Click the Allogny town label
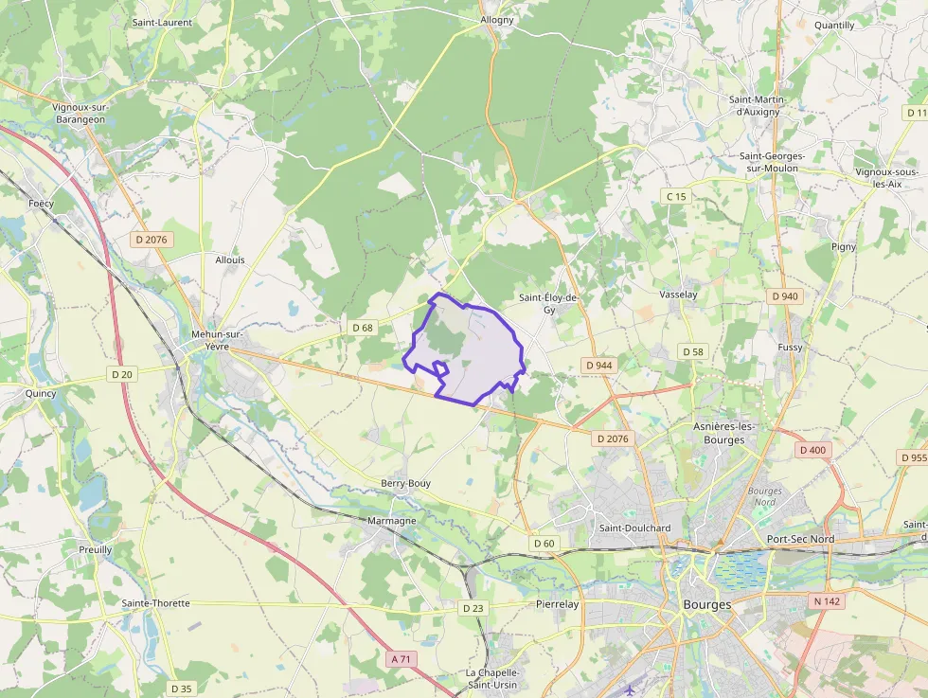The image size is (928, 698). click(497, 19)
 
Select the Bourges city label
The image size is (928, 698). click(706, 604)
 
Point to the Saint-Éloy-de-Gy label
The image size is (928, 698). click(548, 303)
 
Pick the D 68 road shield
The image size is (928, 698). click(363, 328)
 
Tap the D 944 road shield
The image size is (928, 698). click(598, 365)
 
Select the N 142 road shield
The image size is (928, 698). click(827, 600)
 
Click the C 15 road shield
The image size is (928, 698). click(675, 196)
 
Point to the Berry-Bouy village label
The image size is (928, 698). click(406, 483)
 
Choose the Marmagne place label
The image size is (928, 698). click(390, 520)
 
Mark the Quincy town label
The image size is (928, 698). click(41, 393)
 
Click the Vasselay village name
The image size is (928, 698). click(678, 295)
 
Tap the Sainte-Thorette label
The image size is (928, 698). click(155, 603)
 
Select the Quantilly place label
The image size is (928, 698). click(834, 25)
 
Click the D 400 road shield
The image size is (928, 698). click(812, 450)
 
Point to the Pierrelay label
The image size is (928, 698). click(558, 603)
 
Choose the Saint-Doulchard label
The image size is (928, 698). click(634, 528)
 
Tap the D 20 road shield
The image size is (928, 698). click(122, 374)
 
